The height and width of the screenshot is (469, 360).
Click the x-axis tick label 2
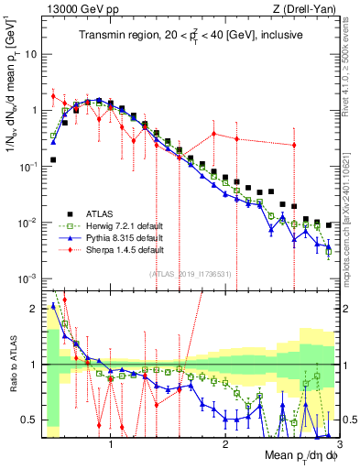tap(224, 442)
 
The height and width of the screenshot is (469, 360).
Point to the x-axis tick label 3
tap(338, 442)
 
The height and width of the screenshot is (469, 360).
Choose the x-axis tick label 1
tap(111, 442)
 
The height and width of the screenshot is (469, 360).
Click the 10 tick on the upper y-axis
tap(28, 53)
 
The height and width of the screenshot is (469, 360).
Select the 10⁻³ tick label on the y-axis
tap(27, 278)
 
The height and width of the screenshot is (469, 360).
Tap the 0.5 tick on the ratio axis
tap(27, 420)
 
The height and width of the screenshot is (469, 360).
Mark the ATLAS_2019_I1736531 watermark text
tap(189, 273)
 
